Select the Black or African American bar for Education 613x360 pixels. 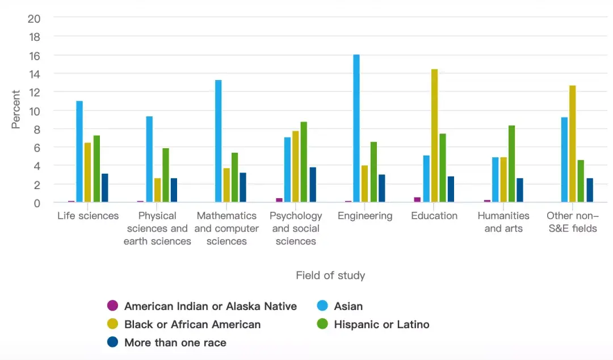(434, 136)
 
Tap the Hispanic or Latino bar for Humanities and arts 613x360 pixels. (511, 164)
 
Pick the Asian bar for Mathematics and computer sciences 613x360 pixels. (218, 141)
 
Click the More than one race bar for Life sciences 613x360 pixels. (104, 188)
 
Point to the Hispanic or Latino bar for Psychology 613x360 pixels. (304, 162)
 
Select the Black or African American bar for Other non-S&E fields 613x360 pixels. (573, 144)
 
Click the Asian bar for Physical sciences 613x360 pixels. (149, 160)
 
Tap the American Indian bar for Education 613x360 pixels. (417, 199)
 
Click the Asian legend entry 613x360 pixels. (348, 306)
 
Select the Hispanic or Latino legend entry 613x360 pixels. (381, 324)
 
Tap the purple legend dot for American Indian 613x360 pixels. (112, 306)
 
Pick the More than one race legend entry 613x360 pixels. (175, 342)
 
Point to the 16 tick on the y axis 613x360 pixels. (34, 55)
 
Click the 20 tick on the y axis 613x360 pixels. (34, 18)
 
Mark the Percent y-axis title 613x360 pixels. (16, 110)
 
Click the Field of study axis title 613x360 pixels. (330, 275)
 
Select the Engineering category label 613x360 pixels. (365, 216)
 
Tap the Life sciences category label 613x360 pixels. (88, 216)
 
